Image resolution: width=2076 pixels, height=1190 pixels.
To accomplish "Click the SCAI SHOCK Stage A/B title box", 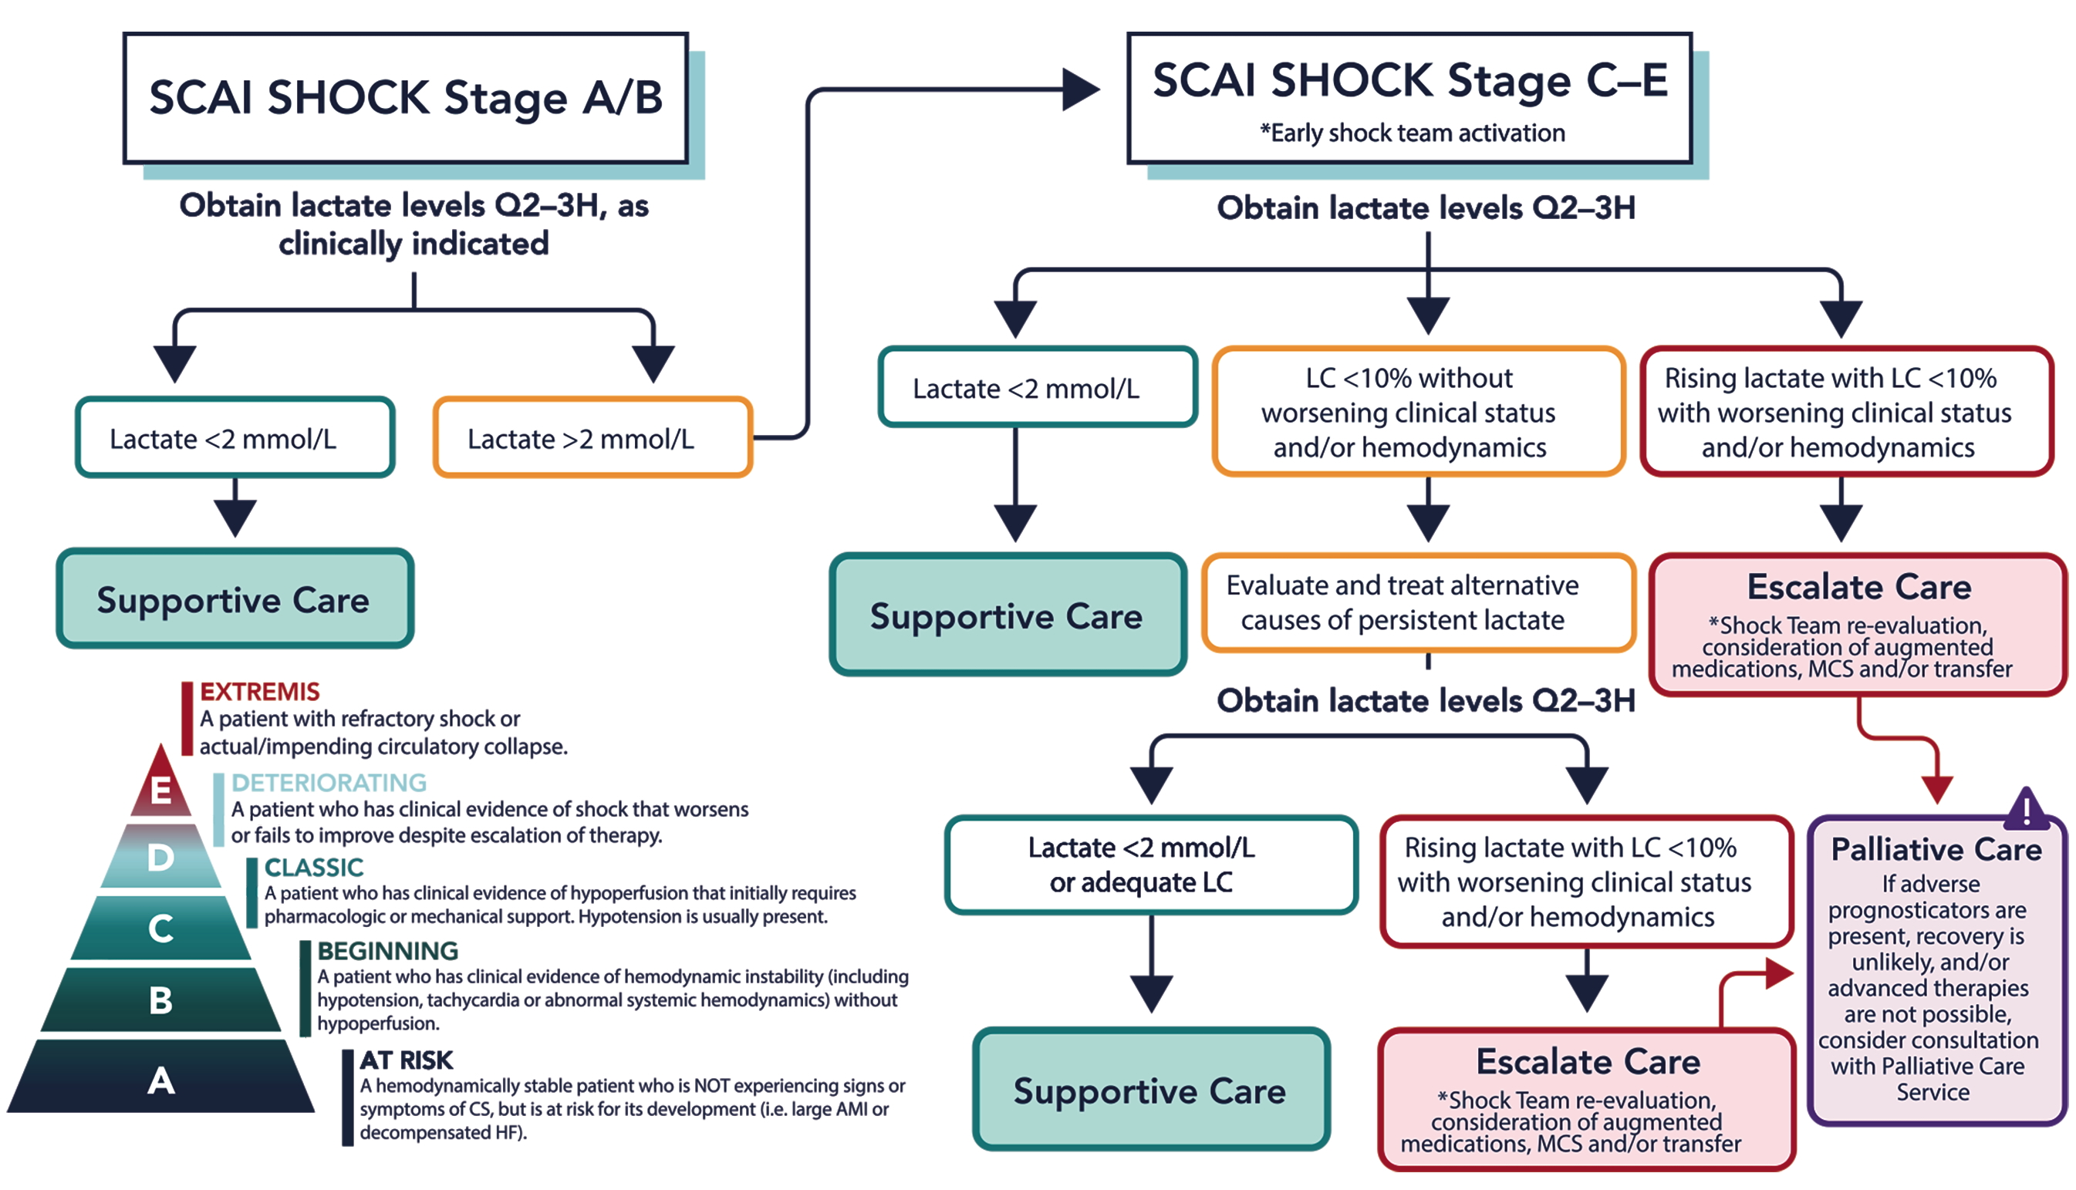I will point(405,98).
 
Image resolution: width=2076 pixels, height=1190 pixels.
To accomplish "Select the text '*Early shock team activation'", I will point(1412,133).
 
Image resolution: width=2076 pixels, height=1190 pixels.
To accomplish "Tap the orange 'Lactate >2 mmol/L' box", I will point(592,438).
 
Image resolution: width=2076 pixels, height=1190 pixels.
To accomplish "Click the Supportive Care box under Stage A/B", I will point(235,599).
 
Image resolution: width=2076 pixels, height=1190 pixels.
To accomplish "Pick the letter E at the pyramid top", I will point(161,790).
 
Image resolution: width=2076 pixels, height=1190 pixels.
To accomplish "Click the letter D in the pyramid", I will point(161,858).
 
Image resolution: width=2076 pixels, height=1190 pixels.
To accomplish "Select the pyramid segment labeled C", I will point(161,928).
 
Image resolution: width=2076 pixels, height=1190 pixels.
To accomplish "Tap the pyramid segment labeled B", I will point(161,1000).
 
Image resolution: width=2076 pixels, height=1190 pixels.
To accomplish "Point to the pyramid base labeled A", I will point(161,1080).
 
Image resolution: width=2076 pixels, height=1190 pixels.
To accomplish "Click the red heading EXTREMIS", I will point(260,692).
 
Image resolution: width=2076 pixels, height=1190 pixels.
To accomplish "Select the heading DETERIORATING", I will point(329,782).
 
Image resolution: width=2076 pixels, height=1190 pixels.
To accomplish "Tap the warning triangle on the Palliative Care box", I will point(2025,809).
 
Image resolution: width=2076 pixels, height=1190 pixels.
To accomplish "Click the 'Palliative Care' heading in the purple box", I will point(1936,849).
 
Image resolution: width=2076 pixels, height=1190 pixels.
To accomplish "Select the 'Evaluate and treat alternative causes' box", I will point(1418,603).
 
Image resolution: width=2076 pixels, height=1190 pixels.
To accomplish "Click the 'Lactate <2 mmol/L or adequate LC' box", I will point(1151,865).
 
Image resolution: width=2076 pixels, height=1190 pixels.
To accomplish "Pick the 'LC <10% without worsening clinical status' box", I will point(1418,412).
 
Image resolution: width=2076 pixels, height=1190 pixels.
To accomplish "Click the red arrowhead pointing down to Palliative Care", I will point(1937,790).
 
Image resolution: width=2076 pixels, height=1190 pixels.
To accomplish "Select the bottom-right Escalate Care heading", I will point(1587,1061).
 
